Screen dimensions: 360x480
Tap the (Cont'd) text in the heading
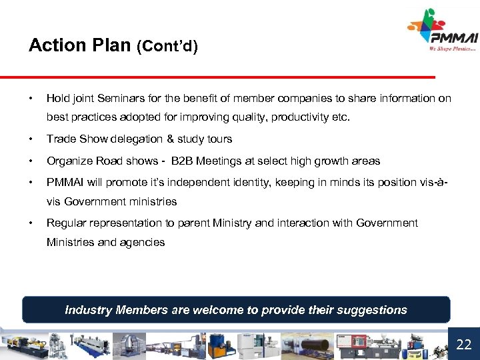pos(167,47)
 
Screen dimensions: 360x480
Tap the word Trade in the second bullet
pos(60,139)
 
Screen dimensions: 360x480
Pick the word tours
pos(217,139)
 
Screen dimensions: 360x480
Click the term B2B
pos(184,161)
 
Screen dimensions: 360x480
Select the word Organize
pos(69,161)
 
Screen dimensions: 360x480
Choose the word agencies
pos(142,242)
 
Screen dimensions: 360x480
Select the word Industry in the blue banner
pos(89,310)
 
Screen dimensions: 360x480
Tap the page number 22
pos(463,345)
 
